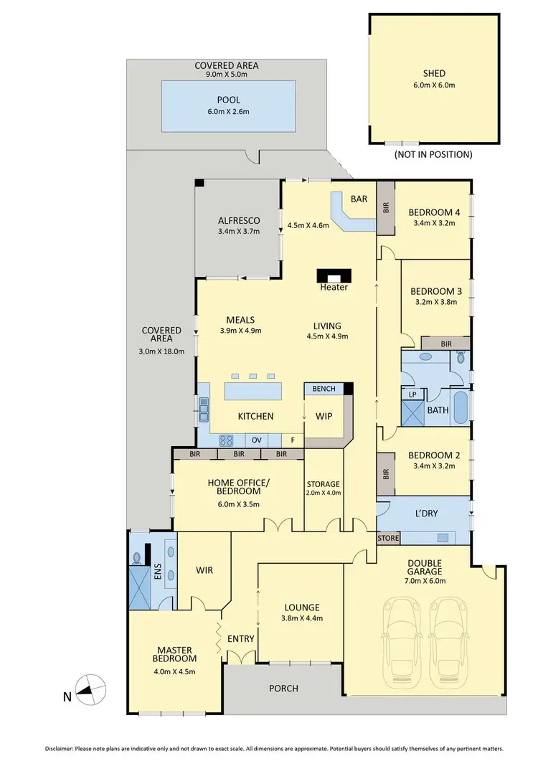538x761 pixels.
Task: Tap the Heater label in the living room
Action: pos(334,288)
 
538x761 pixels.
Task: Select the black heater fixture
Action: pos(334,275)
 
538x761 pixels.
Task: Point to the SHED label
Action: pos(433,73)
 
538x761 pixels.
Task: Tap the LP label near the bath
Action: pos(412,394)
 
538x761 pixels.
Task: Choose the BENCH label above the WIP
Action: pos(324,389)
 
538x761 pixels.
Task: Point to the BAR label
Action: pos(359,200)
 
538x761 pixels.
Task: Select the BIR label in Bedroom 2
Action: pos(385,474)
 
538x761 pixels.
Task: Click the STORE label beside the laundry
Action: pos(388,537)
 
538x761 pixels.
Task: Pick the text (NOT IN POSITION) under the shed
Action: pos(433,154)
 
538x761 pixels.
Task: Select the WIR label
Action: pos(204,571)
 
